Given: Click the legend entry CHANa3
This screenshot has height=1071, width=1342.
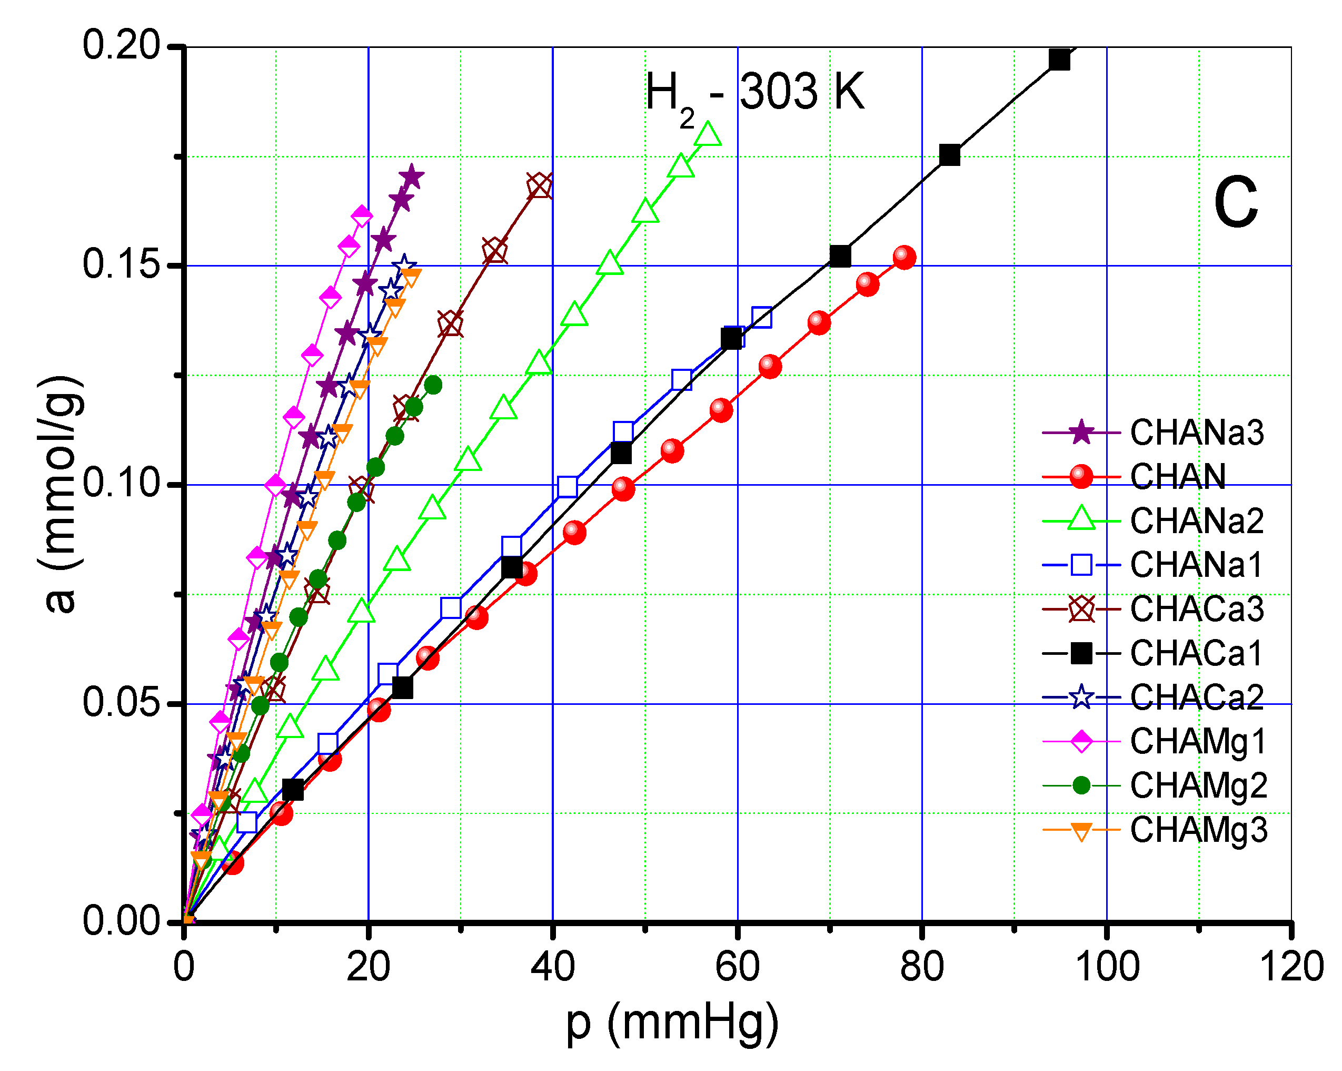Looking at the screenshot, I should tap(1196, 432).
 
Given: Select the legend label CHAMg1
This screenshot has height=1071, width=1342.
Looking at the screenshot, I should tap(1198, 741).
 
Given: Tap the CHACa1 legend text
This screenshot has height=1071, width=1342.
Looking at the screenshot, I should tap(1196, 653).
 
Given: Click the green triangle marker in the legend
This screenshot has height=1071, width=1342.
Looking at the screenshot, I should tap(1081, 520).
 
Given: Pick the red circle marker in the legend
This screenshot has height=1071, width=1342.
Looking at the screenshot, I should tap(1081, 476).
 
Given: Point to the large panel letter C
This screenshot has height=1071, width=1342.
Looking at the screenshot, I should tap(1235, 203).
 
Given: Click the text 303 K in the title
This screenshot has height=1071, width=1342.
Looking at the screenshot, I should tap(802, 92).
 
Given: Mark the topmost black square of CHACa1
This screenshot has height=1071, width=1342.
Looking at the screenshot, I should tap(1059, 60).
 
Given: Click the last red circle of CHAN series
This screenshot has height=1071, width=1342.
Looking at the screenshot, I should tap(904, 257).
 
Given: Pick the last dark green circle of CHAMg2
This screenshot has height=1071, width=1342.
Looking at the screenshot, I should tap(433, 386).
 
